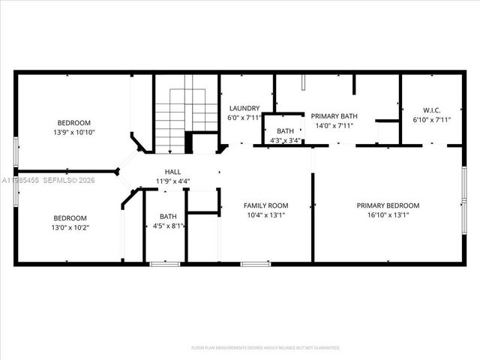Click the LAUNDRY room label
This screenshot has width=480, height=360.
(x=244, y=108)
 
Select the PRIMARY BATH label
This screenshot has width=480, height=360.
(x=334, y=116)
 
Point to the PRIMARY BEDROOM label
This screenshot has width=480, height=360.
(x=388, y=205)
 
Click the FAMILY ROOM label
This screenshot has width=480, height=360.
(x=266, y=205)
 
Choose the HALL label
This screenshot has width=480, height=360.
(x=172, y=172)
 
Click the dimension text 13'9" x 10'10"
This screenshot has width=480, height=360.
(x=74, y=133)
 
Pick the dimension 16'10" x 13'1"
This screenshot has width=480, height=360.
(x=388, y=215)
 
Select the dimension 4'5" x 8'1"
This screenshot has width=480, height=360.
(x=168, y=226)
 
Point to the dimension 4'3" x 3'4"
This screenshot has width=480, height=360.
(x=285, y=140)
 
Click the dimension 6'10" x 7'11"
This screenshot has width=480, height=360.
(x=431, y=119)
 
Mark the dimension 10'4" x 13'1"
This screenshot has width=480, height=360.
(x=266, y=215)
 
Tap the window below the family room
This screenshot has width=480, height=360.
(x=255, y=264)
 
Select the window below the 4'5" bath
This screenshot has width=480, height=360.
(x=164, y=264)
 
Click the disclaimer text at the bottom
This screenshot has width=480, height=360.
(x=265, y=348)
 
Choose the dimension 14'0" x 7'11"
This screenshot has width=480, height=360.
(x=334, y=126)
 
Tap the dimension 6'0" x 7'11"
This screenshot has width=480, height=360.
(x=244, y=118)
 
